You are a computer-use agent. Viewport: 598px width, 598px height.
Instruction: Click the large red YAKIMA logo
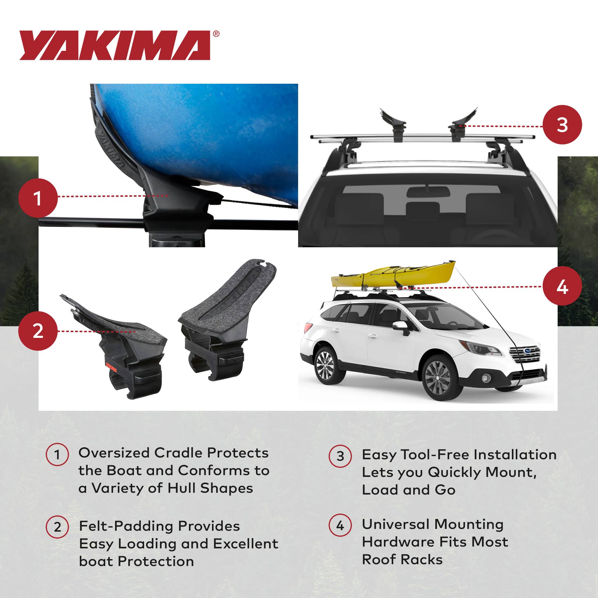click(x=115, y=45)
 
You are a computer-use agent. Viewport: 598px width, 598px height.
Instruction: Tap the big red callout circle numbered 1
click(x=38, y=198)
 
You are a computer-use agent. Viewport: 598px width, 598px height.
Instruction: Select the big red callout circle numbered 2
click(x=38, y=331)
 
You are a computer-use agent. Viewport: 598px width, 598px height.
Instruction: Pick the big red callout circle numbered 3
click(x=562, y=125)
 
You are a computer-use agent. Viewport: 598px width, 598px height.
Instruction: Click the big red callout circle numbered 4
click(x=562, y=287)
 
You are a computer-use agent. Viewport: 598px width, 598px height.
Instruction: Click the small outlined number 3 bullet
click(x=340, y=456)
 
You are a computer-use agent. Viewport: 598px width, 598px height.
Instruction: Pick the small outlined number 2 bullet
click(x=58, y=527)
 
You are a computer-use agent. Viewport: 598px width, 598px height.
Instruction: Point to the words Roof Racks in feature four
click(x=402, y=560)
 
